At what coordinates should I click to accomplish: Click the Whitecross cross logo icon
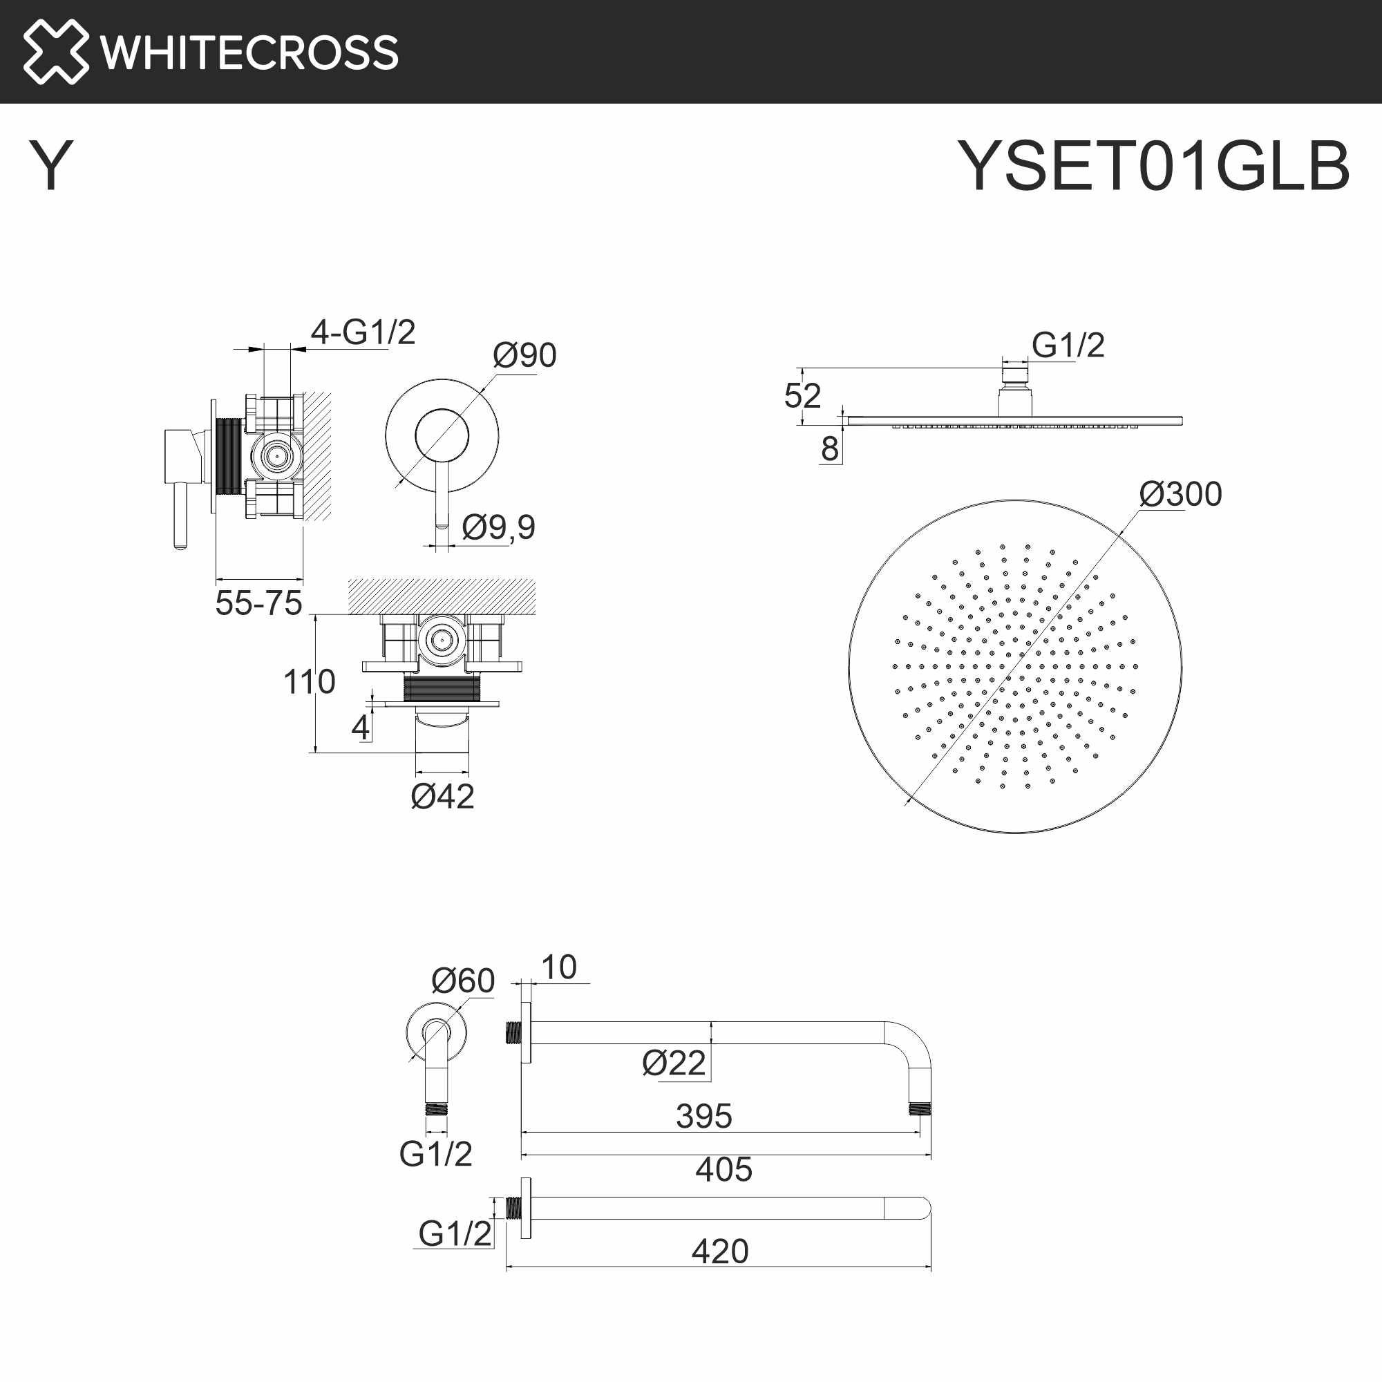(x=56, y=52)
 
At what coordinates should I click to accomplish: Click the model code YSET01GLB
(x=1153, y=166)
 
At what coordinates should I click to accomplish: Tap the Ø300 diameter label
(x=1180, y=494)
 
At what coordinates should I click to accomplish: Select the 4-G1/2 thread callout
(x=363, y=332)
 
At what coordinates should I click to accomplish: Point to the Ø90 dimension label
(x=524, y=355)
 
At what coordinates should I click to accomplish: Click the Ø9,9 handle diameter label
(x=499, y=527)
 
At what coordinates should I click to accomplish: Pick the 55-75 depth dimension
(x=259, y=604)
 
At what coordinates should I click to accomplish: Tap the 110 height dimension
(x=309, y=682)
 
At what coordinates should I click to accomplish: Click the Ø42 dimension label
(x=442, y=797)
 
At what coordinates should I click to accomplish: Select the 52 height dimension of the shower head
(x=802, y=395)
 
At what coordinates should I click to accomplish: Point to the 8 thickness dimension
(x=830, y=449)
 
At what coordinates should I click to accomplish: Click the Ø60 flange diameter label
(x=463, y=981)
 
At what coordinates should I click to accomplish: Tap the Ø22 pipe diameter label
(x=674, y=1063)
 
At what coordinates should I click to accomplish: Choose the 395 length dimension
(x=704, y=1116)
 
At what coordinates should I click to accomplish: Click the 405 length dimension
(x=724, y=1170)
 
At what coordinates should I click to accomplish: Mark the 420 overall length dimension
(x=719, y=1251)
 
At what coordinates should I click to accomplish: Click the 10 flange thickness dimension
(x=558, y=968)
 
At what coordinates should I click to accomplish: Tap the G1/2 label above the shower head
(x=1068, y=345)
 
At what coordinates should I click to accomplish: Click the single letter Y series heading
(x=50, y=166)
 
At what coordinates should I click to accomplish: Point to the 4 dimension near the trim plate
(x=360, y=728)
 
